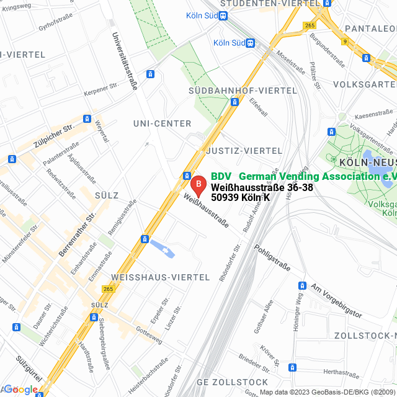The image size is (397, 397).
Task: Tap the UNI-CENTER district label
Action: coord(162,123)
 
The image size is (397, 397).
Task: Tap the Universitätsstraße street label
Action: coord(124,62)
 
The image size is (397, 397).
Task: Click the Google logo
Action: coord(20,390)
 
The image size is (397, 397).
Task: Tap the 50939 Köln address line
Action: coord(240,197)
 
